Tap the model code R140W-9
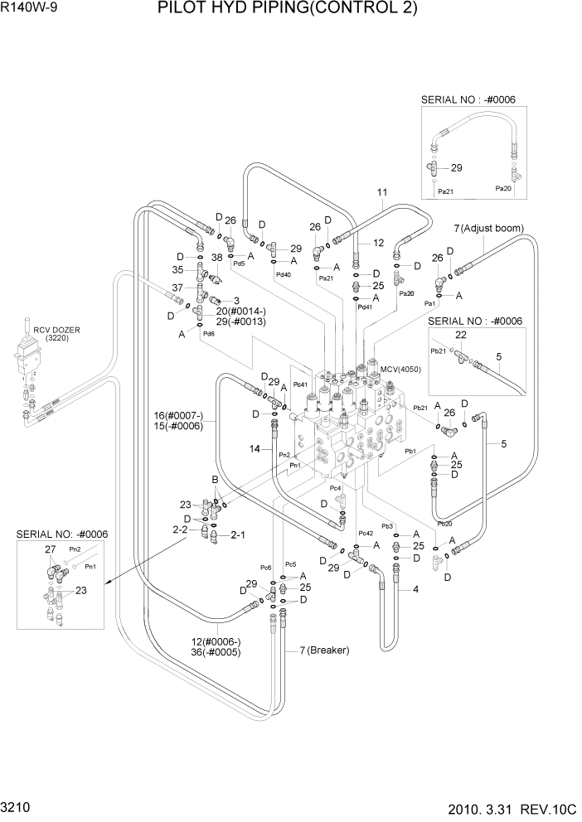pyautogui.click(x=30, y=9)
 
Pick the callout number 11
pyautogui.click(x=381, y=193)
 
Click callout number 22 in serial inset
pyautogui.click(x=461, y=334)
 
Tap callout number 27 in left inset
pyautogui.click(x=50, y=549)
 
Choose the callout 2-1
pyautogui.click(x=237, y=535)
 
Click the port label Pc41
pyautogui.click(x=300, y=384)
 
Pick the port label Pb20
pyautogui.click(x=444, y=524)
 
